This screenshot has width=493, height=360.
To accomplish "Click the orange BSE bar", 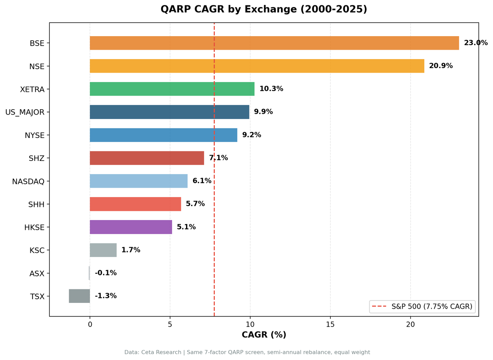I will coord(274,43).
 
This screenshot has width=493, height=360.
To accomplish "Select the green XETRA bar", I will coord(172,89).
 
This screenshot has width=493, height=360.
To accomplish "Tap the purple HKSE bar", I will coord(131,227).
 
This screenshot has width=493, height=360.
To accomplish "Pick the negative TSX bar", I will coord(79,296).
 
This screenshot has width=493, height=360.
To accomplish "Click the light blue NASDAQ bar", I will coord(139,181).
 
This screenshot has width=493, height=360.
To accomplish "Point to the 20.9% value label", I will coord(441,66).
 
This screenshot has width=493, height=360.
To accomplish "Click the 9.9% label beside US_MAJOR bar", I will coord(263,112).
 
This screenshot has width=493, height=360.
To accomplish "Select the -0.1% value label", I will coord(106,273).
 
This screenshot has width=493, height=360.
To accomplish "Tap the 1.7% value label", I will coord(131,250).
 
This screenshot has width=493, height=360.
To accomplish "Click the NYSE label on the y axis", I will coord(35,135).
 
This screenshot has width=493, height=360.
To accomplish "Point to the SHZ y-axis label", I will coord(36,158).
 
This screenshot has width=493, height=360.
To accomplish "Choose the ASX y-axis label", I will coord(37,273).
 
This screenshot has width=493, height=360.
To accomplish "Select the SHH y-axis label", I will coord(36,204).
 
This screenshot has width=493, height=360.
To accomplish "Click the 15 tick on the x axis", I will coord(330,324).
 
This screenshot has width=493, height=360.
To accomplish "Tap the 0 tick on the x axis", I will coord(90,324).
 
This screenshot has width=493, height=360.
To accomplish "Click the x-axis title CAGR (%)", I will coord(264,335).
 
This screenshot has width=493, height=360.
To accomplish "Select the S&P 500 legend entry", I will coord(423,306).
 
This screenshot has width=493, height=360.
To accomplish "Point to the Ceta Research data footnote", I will coord(247,352).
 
